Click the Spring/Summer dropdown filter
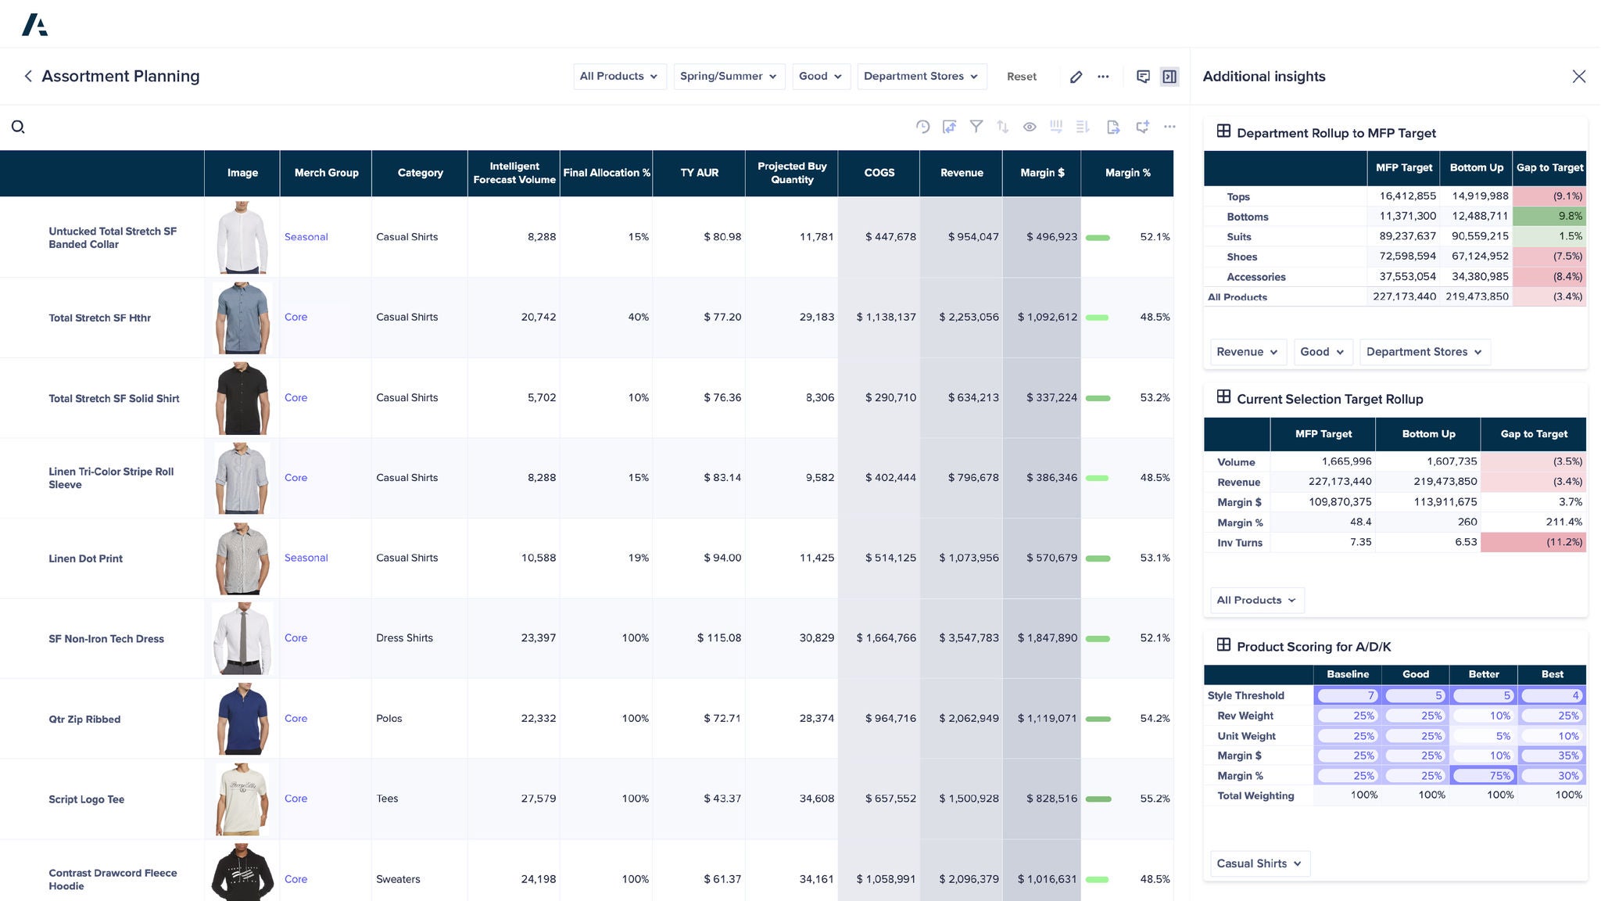pyautogui.click(x=729, y=77)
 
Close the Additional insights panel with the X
pyautogui.click(x=1578, y=77)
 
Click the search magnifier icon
pyautogui.click(x=18, y=127)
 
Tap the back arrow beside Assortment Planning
pyautogui.click(x=28, y=77)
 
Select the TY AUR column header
pyautogui.click(x=699, y=173)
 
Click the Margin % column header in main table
pyautogui.click(x=1127, y=173)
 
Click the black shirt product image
pyautogui.click(x=242, y=398)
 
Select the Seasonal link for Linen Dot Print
pyautogui.click(x=306, y=558)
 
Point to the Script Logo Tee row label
pyautogui.click(x=87, y=799)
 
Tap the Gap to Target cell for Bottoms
pyautogui.click(x=1549, y=217)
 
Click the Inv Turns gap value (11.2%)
pyautogui.click(x=1533, y=542)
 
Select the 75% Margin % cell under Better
pyautogui.click(x=1483, y=776)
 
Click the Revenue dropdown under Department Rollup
pyautogui.click(x=1247, y=352)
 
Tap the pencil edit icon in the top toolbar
pyautogui.click(x=1076, y=77)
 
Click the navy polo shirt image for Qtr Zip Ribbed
pyautogui.click(x=242, y=719)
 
